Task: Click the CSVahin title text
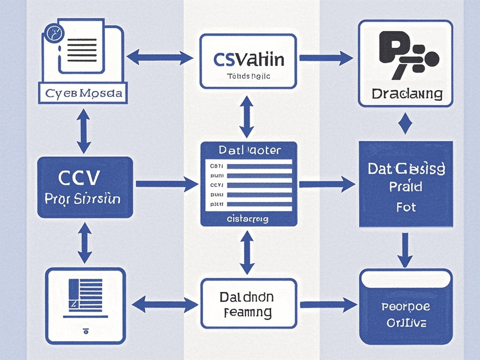pyautogui.click(x=248, y=60)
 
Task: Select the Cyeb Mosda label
pyautogui.click(x=84, y=93)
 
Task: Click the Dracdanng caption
pyautogui.click(x=406, y=93)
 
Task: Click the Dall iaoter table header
pyautogui.click(x=249, y=150)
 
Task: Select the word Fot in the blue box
pyautogui.click(x=405, y=207)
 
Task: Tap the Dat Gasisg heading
pyautogui.click(x=406, y=169)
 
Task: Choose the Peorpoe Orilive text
pyautogui.click(x=406, y=315)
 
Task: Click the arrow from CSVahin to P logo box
pyautogui.click(x=326, y=58)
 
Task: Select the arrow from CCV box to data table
pyautogui.click(x=166, y=184)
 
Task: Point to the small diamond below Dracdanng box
pyautogui.click(x=405, y=125)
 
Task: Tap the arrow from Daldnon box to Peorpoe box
pyautogui.click(x=328, y=305)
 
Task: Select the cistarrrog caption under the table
pyautogui.click(x=247, y=219)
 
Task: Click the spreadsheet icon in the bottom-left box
pyautogui.click(x=85, y=295)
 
